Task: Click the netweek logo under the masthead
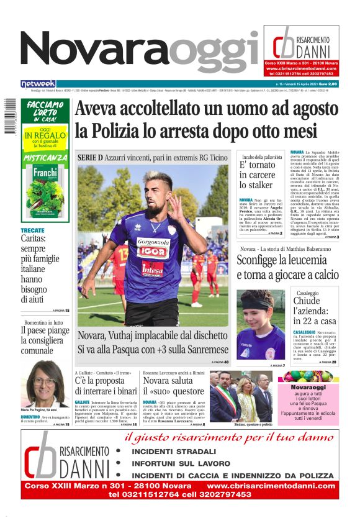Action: [38, 84]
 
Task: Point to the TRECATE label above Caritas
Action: [32, 230]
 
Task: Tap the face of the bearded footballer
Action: [156, 188]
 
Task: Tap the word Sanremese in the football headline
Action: [197, 350]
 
